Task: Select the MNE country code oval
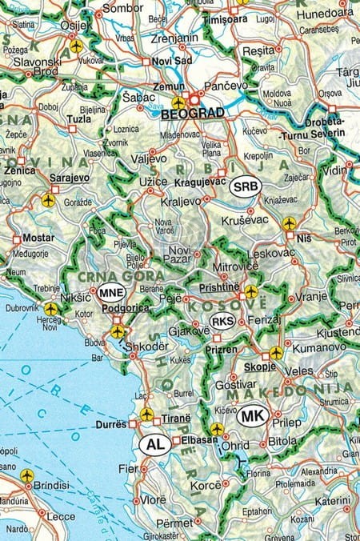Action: (x=111, y=293)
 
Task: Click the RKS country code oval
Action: (x=222, y=322)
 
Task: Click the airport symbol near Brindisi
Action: (x=28, y=476)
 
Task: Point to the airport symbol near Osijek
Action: (x=76, y=46)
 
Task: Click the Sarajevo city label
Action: (x=46, y=181)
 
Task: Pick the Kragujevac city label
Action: (x=196, y=183)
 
